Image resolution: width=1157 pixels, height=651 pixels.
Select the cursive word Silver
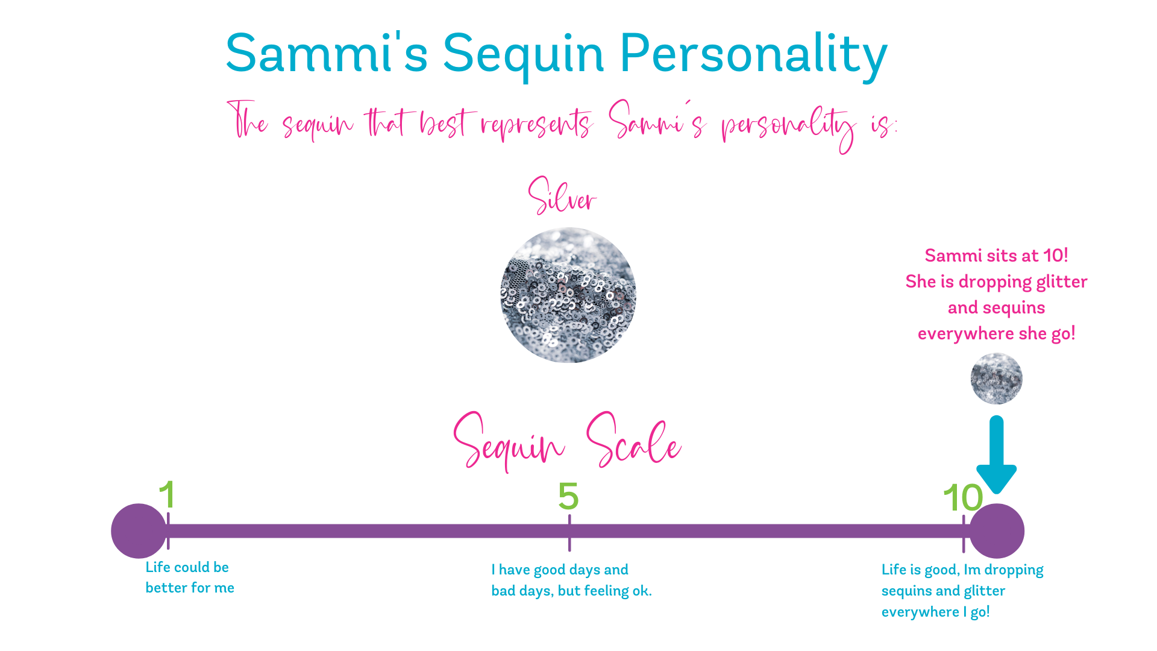point(562,195)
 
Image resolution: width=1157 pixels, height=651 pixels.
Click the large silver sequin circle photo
point(568,295)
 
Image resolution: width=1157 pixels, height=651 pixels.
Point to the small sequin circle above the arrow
point(997,379)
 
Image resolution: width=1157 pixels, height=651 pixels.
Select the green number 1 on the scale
point(167,495)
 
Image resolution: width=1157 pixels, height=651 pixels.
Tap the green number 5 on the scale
point(568,496)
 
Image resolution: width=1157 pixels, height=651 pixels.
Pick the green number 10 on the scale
point(963,498)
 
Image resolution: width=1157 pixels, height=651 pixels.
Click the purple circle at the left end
point(139,531)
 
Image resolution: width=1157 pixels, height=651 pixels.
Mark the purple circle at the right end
point(997,531)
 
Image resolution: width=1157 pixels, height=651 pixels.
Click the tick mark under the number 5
point(569,533)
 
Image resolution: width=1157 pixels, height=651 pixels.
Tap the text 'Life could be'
point(187,567)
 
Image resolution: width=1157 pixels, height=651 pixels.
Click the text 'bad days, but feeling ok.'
point(571,591)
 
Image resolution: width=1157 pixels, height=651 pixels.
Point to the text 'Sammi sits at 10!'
point(997,256)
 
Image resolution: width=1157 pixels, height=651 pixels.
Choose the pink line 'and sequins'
point(997,308)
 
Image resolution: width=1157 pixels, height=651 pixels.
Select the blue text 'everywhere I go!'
point(936,612)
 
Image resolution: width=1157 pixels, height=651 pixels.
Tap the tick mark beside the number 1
point(168,531)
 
